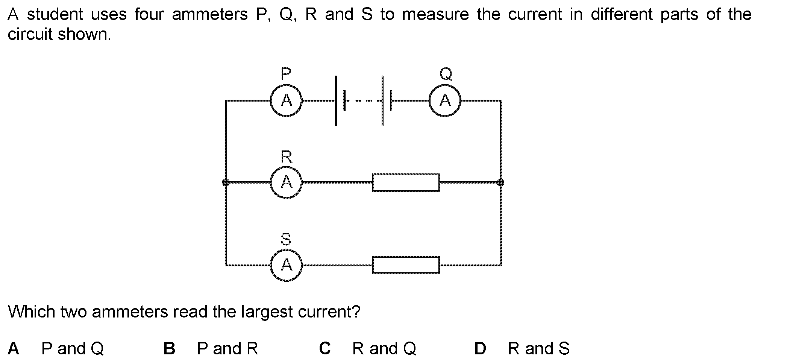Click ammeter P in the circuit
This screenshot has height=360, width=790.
(286, 100)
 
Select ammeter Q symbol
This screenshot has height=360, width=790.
(445, 100)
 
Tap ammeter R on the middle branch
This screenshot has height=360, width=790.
(286, 182)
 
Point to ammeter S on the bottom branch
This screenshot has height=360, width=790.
(286, 265)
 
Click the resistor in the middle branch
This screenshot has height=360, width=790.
(406, 182)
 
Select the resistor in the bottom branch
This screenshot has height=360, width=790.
(406, 265)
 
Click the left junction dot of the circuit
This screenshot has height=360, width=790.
(226, 182)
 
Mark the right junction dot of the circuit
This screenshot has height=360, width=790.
(500, 182)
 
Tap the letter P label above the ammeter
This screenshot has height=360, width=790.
(286, 73)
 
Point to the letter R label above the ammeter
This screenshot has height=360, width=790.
(286, 156)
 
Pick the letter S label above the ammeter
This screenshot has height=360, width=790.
(286, 239)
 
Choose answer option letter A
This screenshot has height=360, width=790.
(13, 348)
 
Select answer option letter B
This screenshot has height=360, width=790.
(169, 348)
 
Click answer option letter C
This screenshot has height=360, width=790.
(325, 348)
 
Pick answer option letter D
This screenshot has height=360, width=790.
(480, 348)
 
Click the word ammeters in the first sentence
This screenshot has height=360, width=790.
(209, 15)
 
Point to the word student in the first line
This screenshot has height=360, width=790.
(55, 15)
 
